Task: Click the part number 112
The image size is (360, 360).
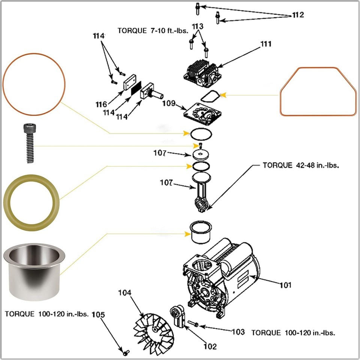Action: [298, 15]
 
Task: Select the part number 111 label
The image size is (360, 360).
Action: [266, 44]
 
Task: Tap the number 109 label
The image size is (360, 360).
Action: [169, 104]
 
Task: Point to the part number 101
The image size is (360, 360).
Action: [285, 285]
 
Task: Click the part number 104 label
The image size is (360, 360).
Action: [125, 292]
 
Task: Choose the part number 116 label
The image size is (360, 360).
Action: [101, 104]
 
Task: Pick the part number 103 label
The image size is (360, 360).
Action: [238, 332]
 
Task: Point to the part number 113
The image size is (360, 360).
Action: [198, 26]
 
